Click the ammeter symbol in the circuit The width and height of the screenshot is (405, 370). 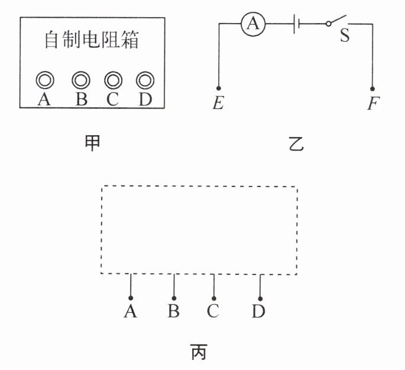pos(253,24)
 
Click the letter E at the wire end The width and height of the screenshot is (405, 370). pos(218,104)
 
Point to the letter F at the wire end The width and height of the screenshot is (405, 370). pos(372,104)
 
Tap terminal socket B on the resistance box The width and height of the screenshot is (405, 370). pos(81,80)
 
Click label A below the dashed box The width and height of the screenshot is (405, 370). pos(131,311)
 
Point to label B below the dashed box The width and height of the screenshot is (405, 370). pos(173,311)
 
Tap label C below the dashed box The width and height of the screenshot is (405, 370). pos(213,311)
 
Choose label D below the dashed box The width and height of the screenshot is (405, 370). pos(259,311)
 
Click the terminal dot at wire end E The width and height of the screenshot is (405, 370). pos(219,87)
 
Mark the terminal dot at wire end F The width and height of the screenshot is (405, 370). pos(372,87)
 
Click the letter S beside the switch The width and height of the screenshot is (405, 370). pos(344,36)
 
